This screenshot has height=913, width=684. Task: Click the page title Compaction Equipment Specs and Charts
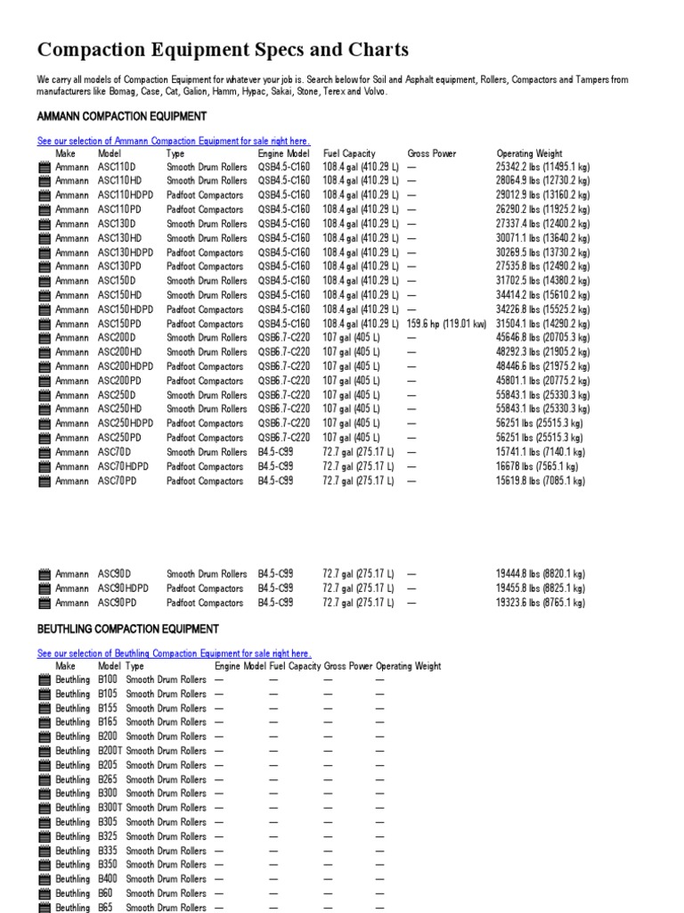(x=223, y=50)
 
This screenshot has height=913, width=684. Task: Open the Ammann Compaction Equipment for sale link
(x=174, y=141)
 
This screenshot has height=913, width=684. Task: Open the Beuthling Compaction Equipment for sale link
(x=175, y=654)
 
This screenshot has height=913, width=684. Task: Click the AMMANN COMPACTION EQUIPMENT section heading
(x=122, y=117)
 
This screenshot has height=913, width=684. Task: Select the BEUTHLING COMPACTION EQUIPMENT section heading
(x=128, y=629)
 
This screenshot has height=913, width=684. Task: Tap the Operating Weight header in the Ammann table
(x=529, y=153)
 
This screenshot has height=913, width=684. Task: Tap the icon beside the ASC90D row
(x=45, y=575)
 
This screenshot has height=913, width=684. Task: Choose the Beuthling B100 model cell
(x=107, y=679)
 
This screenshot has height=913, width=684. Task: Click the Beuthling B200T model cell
(x=110, y=751)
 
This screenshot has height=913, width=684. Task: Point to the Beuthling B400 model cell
(x=107, y=879)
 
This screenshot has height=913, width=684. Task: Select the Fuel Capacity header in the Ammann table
(x=349, y=153)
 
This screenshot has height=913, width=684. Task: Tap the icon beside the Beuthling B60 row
(x=45, y=893)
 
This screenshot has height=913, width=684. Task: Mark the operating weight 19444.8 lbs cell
(x=541, y=574)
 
